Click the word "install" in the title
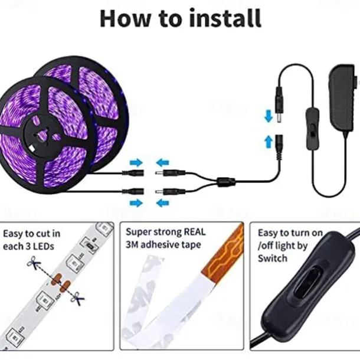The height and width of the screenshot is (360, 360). (225, 18)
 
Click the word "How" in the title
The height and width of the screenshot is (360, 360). (125, 18)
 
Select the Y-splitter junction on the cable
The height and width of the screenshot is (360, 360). (227, 182)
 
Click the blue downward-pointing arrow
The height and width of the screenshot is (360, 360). (269, 116)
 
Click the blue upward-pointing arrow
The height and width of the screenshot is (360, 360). (269, 142)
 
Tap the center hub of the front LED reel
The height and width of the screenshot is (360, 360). (44, 136)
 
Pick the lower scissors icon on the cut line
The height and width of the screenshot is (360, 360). (77, 299)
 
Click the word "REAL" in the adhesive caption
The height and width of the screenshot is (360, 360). (195, 232)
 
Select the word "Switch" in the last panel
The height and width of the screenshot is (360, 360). (272, 258)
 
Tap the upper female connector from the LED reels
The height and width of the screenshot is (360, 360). (133, 172)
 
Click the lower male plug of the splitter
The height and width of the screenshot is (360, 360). (171, 191)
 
